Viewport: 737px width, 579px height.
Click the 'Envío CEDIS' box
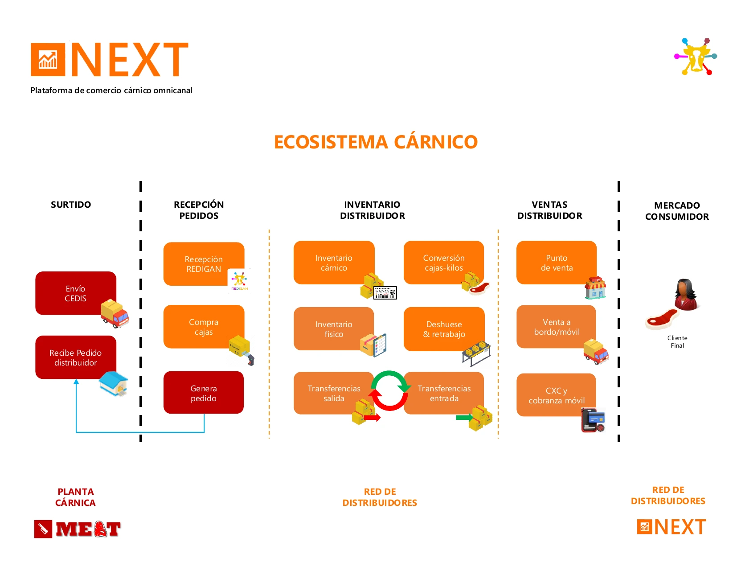(x=76, y=293)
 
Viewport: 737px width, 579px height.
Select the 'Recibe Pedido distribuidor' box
(x=76, y=357)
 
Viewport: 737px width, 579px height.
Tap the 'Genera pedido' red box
(x=204, y=392)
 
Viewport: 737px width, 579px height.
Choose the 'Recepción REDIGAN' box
(x=204, y=264)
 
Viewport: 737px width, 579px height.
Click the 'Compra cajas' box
(x=204, y=327)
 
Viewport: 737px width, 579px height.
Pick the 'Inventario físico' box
(x=334, y=329)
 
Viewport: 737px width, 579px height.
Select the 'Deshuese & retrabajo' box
(x=444, y=329)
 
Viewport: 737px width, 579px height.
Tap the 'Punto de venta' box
(x=557, y=263)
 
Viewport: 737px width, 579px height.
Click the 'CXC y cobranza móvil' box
(x=556, y=395)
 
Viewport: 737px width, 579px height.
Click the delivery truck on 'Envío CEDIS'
(x=115, y=313)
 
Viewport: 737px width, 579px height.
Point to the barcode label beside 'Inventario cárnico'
(x=385, y=293)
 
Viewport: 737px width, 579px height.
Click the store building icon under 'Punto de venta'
(x=595, y=287)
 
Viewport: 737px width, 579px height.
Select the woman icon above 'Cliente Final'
(x=686, y=295)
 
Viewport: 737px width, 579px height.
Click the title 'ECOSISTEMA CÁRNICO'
(x=376, y=142)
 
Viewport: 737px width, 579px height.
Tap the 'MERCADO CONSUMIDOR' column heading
(x=677, y=211)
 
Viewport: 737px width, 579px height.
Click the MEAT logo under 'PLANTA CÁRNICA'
(x=78, y=529)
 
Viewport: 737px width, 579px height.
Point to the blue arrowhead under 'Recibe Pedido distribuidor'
(x=76, y=382)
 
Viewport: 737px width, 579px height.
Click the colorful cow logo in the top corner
(x=695, y=56)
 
